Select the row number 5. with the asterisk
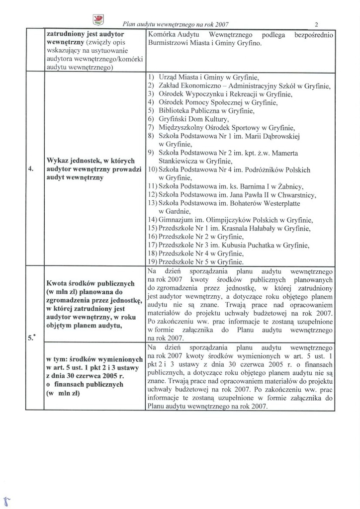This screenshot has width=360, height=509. pos(31,339)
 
